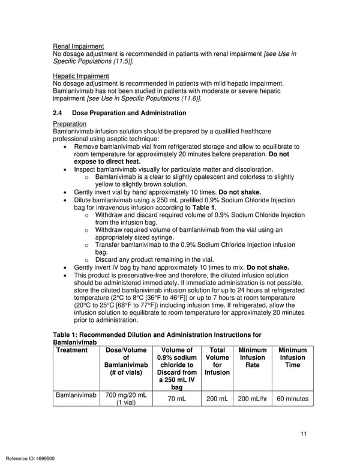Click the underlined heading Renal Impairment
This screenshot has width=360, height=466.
(78, 46)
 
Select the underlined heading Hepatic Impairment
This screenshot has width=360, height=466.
(81, 76)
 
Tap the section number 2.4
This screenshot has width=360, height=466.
(58, 113)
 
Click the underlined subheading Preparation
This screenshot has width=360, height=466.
(70, 124)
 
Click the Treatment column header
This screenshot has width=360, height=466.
(71, 350)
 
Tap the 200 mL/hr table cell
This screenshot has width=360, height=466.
(252, 399)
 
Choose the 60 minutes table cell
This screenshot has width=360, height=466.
(292, 399)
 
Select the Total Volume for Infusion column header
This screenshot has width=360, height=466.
(217, 361)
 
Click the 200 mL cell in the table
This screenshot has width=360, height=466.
(217, 399)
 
